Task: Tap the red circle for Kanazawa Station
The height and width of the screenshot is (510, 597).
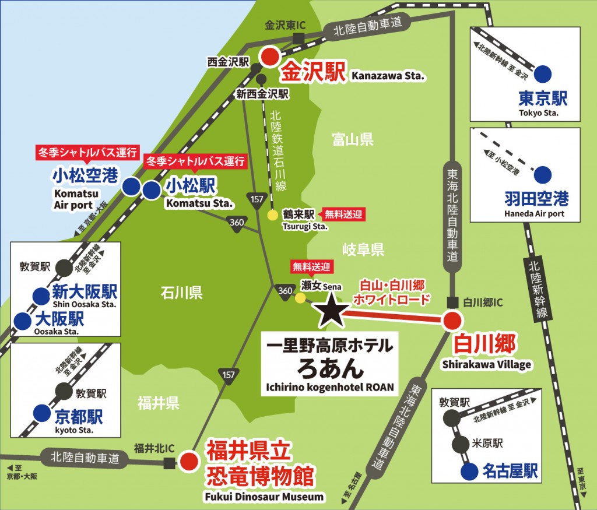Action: coord(270,57)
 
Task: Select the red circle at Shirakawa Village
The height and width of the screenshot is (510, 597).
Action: coord(452,321)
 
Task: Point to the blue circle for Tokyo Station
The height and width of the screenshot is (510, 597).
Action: coord(543,73)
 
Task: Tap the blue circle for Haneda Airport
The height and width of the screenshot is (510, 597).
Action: coord(543,174)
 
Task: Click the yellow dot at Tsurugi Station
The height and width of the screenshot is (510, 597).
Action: coord(272,215)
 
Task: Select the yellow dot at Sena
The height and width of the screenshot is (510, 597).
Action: coord(300,298)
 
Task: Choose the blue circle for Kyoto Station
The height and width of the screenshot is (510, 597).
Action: coord(41,413)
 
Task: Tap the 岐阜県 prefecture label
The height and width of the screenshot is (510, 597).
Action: coord(362,250)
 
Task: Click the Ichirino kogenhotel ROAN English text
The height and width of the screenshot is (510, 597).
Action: coord(331,386)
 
